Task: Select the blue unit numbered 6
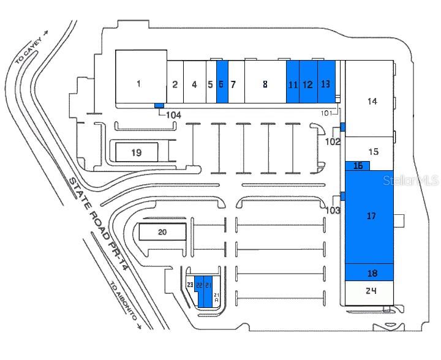222,84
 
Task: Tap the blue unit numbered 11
293,84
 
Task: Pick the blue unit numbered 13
326,83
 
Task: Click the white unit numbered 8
265,84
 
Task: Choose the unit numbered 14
371,101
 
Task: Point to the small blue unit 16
358,165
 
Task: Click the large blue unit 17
370,216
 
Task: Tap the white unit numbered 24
370,291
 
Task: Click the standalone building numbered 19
137,152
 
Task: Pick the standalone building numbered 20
162,231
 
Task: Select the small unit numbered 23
190,285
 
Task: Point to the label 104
174,114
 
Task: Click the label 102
333,141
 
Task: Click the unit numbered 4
194,84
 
